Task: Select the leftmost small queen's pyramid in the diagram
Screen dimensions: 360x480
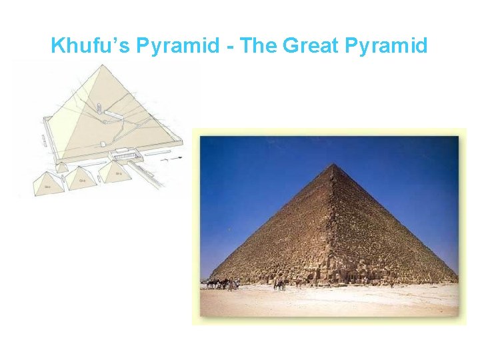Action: [x=48, y=185]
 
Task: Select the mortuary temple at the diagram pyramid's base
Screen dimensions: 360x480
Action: [x=124, y=155]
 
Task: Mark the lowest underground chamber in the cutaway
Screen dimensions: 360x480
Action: [x=102, y=145]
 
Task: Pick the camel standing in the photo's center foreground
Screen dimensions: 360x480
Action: [x=279, y=283]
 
